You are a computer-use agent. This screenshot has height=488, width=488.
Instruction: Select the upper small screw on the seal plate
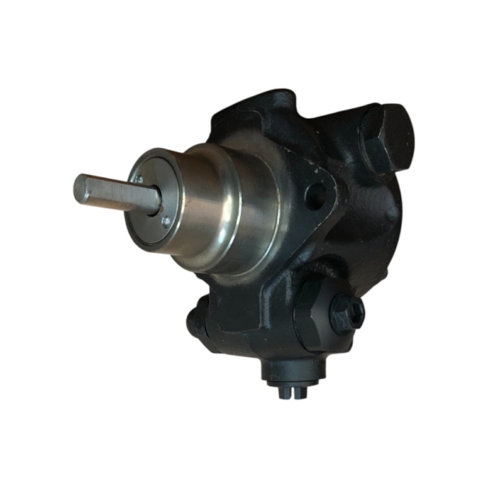pyautogui.click(x=140, y=179)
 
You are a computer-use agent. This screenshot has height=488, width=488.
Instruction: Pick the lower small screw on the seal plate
pyautogui.click(x=166, y=220)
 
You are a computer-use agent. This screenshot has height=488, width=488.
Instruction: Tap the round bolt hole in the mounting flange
pyautogui.click(x=316, y=195)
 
